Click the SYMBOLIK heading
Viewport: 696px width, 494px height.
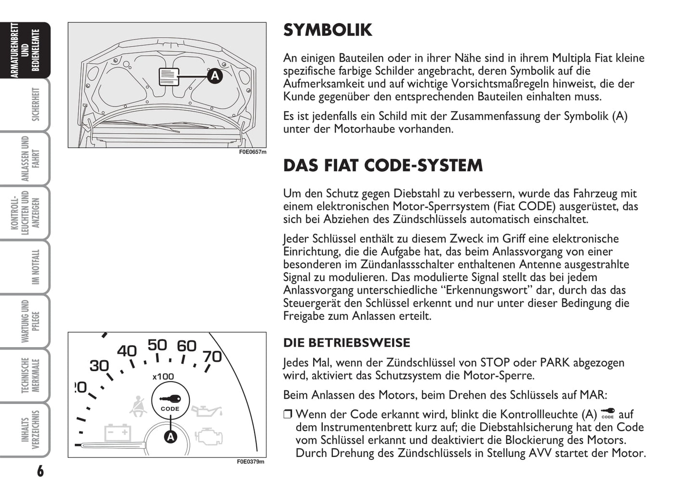[x=328, y=30]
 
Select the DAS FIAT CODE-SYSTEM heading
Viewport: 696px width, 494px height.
[x=382, y=166]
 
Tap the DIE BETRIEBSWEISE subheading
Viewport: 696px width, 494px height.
[x=346, y=343]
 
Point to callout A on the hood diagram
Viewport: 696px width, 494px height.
[x=215, y=76]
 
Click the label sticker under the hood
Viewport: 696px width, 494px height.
[x=169, y=77]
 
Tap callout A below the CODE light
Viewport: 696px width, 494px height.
[x=171, y=437]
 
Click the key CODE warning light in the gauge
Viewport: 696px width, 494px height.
[x=170, y=401]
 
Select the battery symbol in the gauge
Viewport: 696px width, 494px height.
[x=118, y=432]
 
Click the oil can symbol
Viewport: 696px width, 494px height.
[x=207, y=411]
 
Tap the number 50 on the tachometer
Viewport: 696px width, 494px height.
[x=157, y=345]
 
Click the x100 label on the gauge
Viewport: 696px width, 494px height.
[x=163, y=377]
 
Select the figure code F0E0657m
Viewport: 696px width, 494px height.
[x=252, y=152]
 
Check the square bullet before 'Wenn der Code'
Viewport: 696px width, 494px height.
[x=288, y=414]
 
